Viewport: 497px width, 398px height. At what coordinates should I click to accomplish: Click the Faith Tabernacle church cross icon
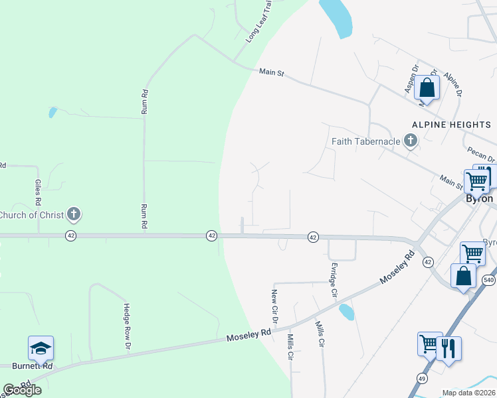point(411,141)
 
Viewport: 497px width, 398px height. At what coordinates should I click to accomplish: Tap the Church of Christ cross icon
point(74,214)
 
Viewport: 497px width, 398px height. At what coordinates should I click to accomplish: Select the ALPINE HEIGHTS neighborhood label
point(451,124)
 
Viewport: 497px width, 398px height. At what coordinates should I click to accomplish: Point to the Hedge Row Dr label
point(126,326)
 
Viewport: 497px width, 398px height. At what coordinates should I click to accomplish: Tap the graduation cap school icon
point(41,348)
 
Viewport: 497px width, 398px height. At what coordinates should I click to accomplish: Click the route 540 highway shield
point(488,281)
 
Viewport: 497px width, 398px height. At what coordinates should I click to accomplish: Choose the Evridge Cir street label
point(334,279)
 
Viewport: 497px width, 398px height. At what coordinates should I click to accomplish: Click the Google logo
point(23,390)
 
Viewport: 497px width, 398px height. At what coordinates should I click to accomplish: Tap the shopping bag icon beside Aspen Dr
point(427,88)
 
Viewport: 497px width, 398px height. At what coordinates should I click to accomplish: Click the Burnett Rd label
point(32,365)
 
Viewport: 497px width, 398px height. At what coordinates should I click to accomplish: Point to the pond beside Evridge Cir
point(346,311)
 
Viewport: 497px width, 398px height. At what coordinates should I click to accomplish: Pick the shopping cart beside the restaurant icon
point(430,344)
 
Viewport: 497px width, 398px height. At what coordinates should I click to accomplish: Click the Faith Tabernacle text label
point(367,141)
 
